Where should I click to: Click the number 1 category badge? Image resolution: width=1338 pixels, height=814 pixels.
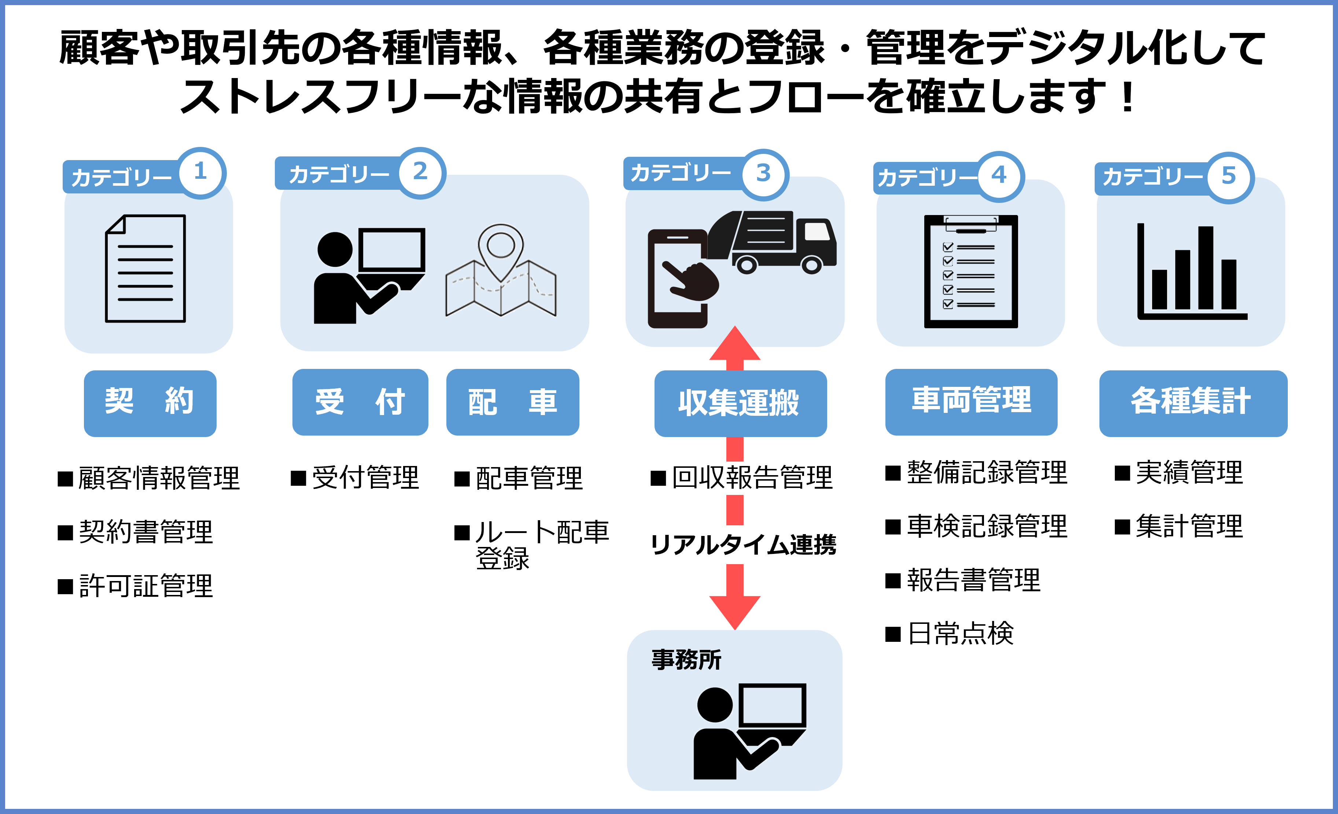pos(201,172)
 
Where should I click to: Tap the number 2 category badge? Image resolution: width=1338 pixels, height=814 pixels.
pos(421,172)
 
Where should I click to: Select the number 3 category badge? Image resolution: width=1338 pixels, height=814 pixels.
pos(763,174)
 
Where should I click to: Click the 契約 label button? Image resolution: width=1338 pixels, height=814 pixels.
pos(150,403)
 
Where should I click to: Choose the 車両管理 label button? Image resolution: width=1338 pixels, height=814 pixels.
pos(971,402)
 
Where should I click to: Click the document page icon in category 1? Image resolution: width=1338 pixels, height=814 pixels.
pos(145,269)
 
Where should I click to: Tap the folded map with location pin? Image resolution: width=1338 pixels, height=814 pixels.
pos(501,271)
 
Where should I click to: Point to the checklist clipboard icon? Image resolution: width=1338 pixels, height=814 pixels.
pos(971,271)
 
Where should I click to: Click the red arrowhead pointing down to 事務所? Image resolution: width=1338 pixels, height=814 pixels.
pos(735,610)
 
